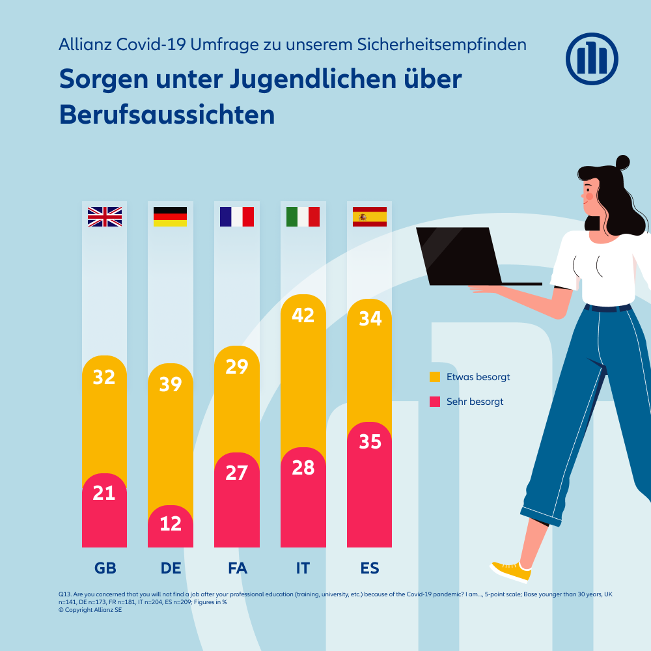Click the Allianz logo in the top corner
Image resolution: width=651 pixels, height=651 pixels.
click(x=592, y=59)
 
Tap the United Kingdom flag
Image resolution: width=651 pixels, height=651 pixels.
click(x=105, y=217)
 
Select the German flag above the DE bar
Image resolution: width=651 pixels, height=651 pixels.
click(x=170, y=217)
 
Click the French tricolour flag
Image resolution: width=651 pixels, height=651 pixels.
click(x=237, y=217)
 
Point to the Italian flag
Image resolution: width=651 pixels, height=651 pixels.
click(x=303, y=217)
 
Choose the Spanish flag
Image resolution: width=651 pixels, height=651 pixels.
click(x=370, y=217)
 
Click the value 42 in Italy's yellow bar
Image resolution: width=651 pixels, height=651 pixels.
click(x=303, y=315)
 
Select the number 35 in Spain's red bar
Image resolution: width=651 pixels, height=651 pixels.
click(x=370, y=441)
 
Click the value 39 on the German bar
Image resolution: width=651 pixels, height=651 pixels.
click(x=171, y=384)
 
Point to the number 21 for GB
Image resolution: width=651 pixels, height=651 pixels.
click(x=104, y=493)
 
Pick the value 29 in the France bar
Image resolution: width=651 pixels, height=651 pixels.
click(x=237, y=367)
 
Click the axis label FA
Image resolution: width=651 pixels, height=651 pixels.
click(x=237, y=568)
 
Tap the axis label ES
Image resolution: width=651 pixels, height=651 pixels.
click(x=370, y=568)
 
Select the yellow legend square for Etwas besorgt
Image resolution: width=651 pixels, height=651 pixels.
click(x=435, y=377)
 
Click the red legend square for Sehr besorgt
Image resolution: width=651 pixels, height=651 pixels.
click(x=435, y=402)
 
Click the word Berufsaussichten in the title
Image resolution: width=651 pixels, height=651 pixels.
click(x=167, y=115)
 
